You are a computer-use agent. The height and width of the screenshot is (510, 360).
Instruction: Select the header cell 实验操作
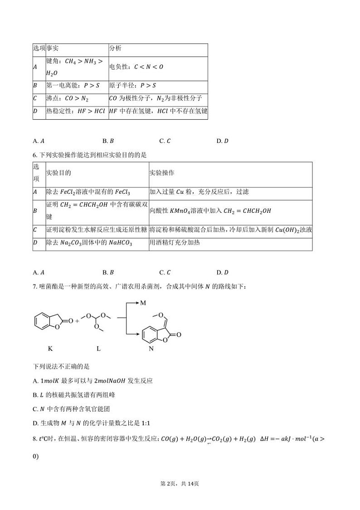click(x=162, y=173)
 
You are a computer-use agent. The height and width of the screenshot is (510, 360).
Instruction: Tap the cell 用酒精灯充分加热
click(x=175, y=243)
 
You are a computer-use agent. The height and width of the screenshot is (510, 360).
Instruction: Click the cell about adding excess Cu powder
click(x=199, y=192)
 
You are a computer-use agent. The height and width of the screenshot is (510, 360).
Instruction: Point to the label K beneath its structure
click(x=50, y=348)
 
